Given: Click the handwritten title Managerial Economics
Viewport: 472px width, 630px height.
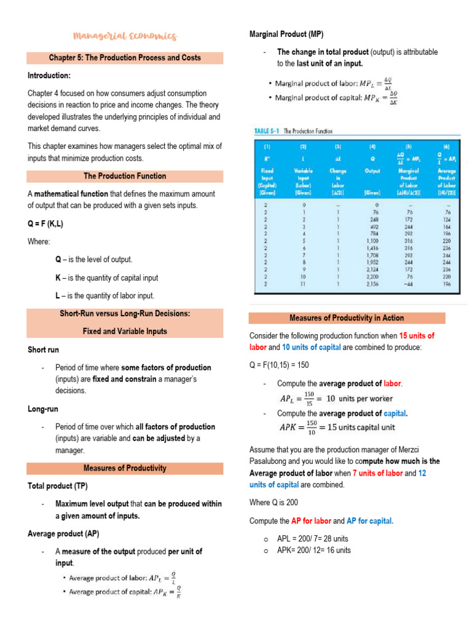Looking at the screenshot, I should pos(125,36).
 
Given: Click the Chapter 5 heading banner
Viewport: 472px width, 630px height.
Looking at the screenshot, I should pos(125,58).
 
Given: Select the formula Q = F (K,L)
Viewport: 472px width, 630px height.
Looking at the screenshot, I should pos(45,223).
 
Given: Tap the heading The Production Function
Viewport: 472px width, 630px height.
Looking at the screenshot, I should pos(125,176).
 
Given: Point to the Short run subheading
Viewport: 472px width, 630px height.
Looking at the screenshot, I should pos(44,349).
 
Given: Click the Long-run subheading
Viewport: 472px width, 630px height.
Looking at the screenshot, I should pos(43,409).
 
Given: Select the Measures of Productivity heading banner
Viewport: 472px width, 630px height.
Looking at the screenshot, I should pos(125,468).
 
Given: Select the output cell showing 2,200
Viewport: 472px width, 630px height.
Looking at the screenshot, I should pos(372,277).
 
